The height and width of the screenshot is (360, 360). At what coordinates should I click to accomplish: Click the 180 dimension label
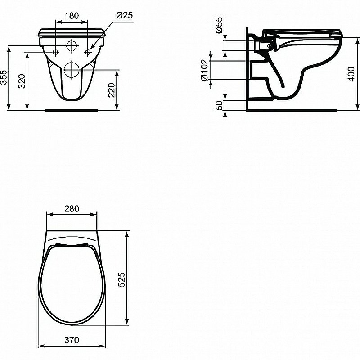71,15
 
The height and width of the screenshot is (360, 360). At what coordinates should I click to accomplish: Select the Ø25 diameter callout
124,15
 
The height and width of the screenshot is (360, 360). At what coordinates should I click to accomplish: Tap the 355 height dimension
4,77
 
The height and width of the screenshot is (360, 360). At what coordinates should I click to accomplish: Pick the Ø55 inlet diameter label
219,26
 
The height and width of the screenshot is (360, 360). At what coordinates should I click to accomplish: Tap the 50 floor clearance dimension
219,105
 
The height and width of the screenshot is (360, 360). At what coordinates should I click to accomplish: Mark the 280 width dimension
72,208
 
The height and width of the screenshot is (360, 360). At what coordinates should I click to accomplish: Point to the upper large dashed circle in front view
71,45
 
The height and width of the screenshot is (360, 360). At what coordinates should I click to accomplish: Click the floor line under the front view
72,109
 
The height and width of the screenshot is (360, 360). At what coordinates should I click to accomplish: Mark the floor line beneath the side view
292,109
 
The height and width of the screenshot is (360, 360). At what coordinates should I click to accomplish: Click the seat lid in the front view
72,32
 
